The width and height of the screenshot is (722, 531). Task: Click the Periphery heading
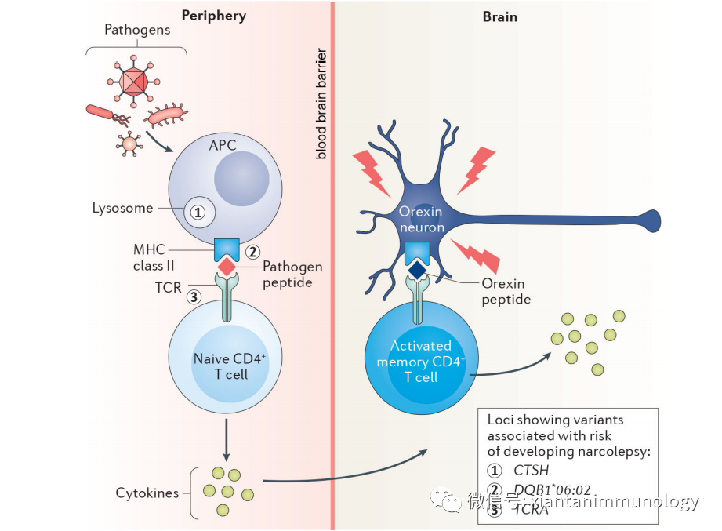coord(213,16)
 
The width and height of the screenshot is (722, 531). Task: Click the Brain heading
coord(500,16)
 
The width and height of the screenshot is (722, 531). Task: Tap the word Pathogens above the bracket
coord(136,31)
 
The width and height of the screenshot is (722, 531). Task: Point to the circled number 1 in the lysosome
coord(198,211)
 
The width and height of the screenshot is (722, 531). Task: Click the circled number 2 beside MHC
coord(252,252)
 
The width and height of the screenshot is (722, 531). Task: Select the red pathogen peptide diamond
coord(227,267)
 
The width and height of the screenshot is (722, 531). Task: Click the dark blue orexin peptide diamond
coord(417,268)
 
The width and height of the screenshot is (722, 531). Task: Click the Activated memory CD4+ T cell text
coord(420,361)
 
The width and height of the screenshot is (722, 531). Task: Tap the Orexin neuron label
coord(420,220)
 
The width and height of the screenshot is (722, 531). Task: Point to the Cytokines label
coord(147,493)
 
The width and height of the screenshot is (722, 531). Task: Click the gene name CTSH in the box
coord(530,471)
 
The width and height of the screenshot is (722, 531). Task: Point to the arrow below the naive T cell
coord(227,442)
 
